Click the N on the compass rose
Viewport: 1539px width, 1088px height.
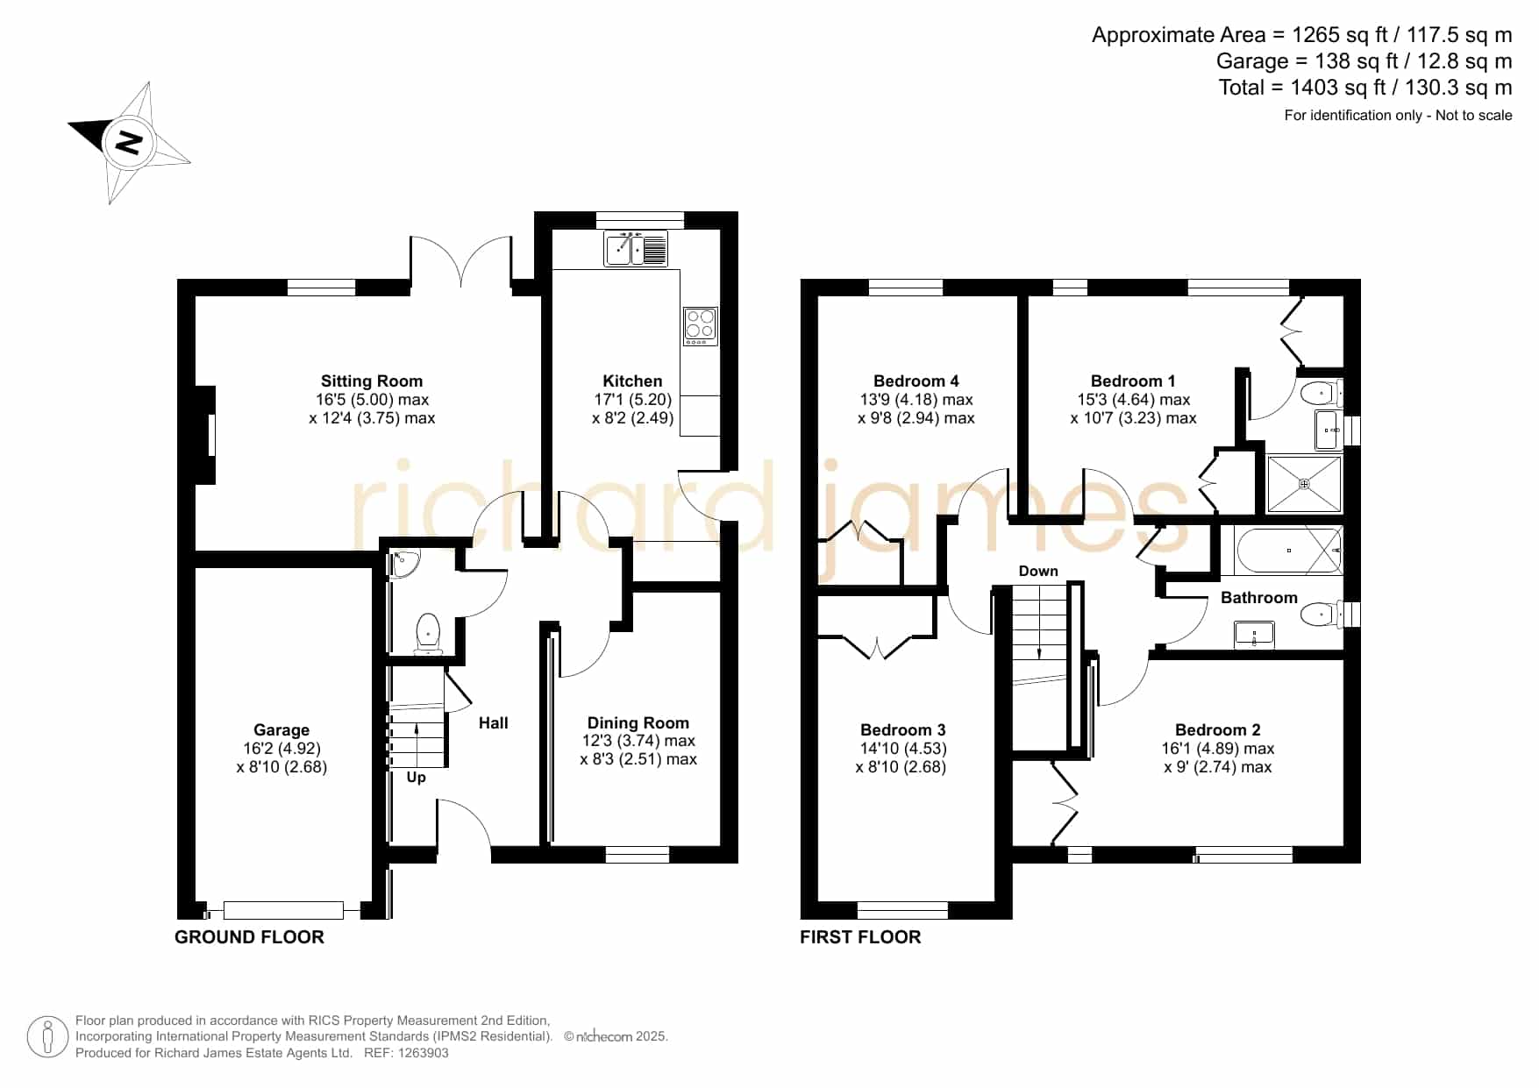point(129,142)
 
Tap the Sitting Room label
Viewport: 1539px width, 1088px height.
point(372,381)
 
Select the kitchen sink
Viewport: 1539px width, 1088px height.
point(636,249)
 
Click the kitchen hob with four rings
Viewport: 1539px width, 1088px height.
point(700,326)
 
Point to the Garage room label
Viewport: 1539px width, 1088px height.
point(281,730)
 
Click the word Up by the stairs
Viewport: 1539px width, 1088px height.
point(417,778)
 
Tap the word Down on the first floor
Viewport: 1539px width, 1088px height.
point(1038,571)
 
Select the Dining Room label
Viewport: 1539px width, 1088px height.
point(638,723)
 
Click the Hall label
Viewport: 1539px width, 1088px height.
point(494,723)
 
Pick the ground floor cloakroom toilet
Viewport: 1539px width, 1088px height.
point(428,633)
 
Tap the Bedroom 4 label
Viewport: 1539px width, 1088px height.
point(916,381)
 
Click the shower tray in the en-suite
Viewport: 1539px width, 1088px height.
point(1304,484)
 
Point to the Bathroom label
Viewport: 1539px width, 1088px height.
point(1259,598)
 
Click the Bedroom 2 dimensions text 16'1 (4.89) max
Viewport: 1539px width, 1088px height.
point(1218,749)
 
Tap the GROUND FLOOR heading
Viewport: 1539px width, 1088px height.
point(249,937)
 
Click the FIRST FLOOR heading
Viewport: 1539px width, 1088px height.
point(860,937)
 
